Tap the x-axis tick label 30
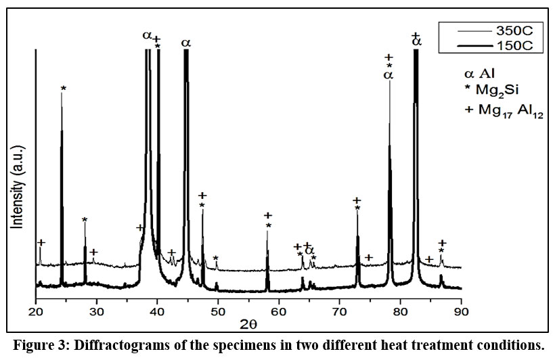click(96, 311)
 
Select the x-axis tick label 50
click(218, 311)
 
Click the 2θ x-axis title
click(248, 325)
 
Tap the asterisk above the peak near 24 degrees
click(63, 89)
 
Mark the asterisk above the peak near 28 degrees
click(85, 221)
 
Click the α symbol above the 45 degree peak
click(185, 43)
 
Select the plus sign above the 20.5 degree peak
click(41, 242)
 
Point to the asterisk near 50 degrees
click(216, 258)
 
